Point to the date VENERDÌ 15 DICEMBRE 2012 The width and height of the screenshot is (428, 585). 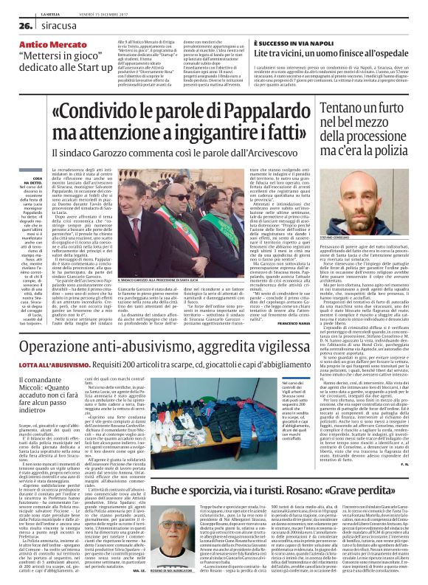point(100,6)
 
